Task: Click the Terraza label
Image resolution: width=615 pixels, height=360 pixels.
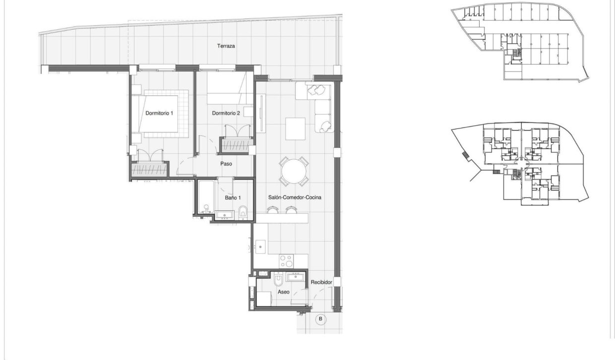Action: [226, 46]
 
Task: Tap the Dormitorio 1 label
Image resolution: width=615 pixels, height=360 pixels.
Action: [159, 113]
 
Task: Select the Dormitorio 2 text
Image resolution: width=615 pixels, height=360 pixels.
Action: [226, 113]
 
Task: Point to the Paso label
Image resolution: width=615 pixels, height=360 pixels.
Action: [226, 163]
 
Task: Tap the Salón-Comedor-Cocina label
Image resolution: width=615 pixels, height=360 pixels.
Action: [294, 197]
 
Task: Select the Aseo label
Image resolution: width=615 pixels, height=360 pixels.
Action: [283, 292]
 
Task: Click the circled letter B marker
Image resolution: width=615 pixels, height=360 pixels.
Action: [320, 319]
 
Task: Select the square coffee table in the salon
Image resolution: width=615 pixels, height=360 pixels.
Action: [296, 128]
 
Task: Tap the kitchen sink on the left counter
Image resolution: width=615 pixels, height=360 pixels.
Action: [261, 245]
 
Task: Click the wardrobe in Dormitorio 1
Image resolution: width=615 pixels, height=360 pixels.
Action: [149, 169]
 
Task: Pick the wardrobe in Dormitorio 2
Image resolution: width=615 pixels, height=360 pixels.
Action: [237, 145]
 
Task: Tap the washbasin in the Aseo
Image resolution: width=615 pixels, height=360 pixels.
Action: [296, 277]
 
